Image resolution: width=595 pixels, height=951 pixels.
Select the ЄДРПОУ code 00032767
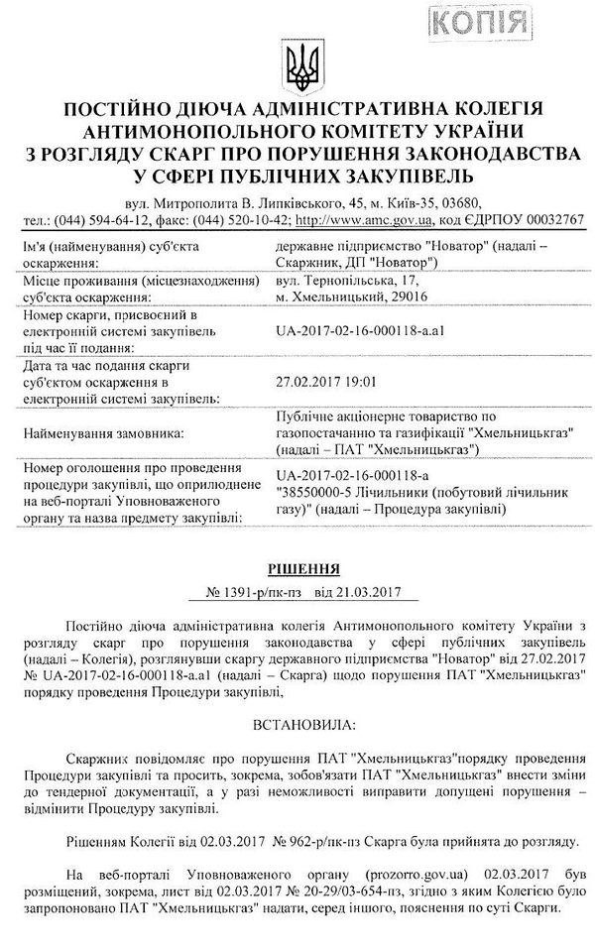547,220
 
